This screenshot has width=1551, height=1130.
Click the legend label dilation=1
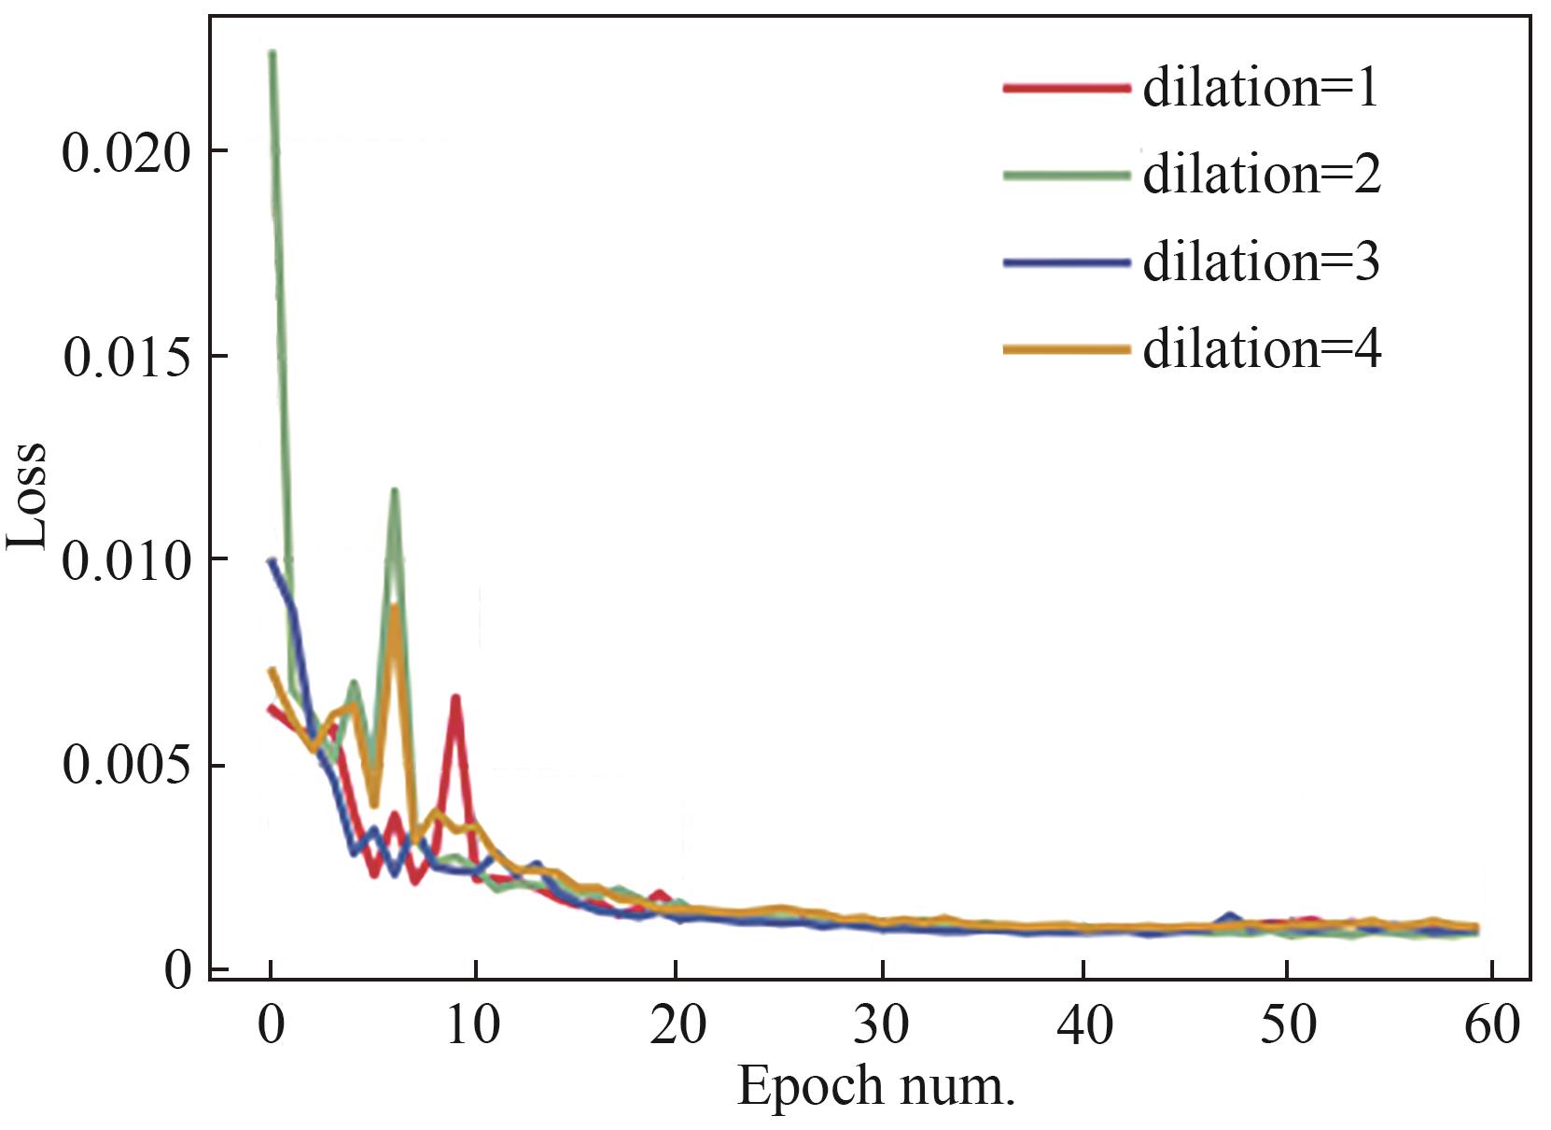[1260, 90]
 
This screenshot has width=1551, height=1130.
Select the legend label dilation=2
[1261, 176]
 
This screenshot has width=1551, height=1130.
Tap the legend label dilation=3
[1261, 262]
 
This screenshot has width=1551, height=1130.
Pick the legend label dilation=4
[1261, 349]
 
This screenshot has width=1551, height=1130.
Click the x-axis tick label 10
[475, 1025]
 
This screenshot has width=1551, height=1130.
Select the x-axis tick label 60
[1492, 1025]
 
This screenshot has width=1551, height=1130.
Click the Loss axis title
[28, 495]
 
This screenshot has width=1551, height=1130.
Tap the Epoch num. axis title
[875, 1087]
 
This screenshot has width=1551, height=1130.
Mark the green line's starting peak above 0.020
[272, 54]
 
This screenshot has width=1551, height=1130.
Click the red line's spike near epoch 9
[455, 699]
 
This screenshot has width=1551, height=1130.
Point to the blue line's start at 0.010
[272, 561]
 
